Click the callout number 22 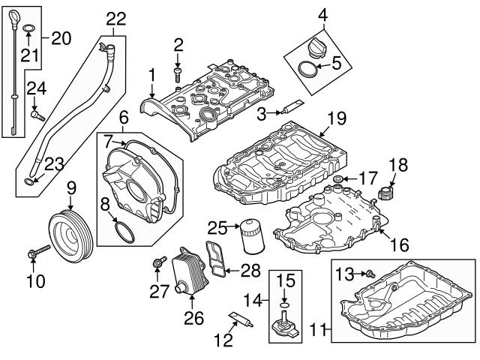coord(115,18)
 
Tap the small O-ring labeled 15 coord(283,306)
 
